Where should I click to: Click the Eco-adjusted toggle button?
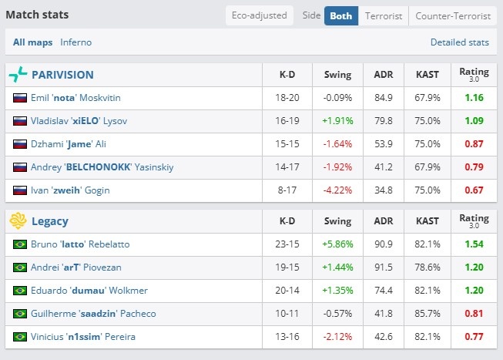259,15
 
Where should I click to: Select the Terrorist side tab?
384,15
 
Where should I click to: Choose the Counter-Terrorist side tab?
453,15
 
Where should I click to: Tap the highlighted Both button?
341,15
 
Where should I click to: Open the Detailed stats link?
459,42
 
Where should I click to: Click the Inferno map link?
75,42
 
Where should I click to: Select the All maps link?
32,42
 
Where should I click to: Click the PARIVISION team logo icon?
18,75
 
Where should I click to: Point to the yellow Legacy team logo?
18,221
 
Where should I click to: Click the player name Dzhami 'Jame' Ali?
69,144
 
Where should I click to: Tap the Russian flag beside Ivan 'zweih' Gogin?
20,190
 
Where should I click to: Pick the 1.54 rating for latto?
474,244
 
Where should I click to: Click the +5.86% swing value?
337,244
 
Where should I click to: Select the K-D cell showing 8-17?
287,190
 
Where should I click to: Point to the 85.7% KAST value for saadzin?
428,314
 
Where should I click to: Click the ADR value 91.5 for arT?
384,267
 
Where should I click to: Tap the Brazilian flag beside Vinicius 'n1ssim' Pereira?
20,337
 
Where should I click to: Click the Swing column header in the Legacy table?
337,221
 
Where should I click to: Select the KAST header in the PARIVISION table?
428,75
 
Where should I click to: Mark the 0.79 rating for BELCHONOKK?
474,167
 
